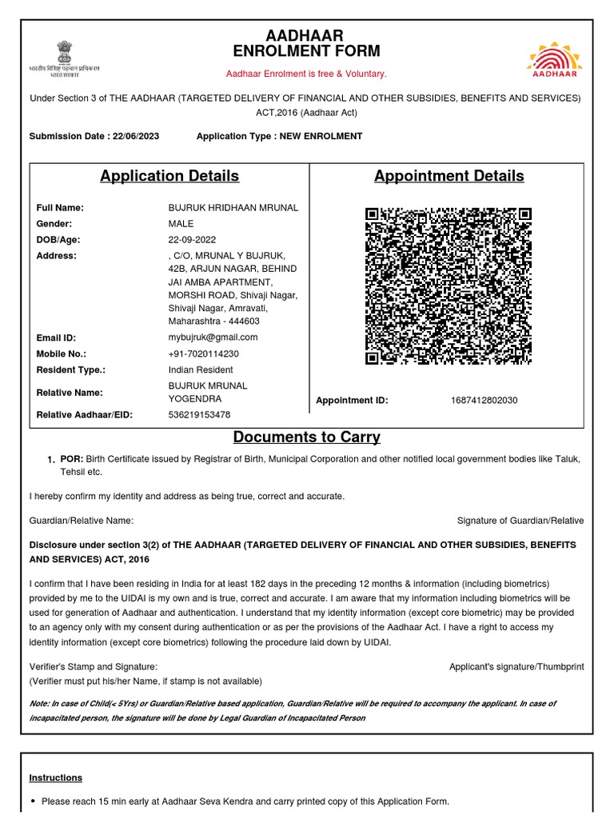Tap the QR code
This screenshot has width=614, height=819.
[449, 286]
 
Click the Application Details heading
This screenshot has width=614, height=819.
[169, 176]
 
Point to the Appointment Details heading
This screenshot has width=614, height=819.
[449, 176]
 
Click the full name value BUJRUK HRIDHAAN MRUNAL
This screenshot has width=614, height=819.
[233, 208]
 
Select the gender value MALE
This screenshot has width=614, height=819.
[181, 224]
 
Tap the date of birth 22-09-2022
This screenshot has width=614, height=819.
[192, 240]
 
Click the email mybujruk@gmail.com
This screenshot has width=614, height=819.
[213, 338]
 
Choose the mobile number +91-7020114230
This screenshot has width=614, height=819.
[203, 354]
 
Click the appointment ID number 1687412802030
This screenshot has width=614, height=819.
[484, 400]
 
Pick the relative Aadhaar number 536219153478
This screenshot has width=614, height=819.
[199, 414]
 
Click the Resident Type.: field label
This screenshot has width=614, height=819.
[71, 370]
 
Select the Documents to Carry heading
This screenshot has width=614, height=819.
[307, 437]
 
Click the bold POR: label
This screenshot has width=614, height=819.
[72, 459]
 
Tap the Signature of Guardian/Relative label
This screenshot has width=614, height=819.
[520, 521]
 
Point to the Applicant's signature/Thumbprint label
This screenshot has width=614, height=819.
[516, 666]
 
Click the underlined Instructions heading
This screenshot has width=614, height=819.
[56, 777]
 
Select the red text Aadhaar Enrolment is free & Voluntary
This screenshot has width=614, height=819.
[306, 74]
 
